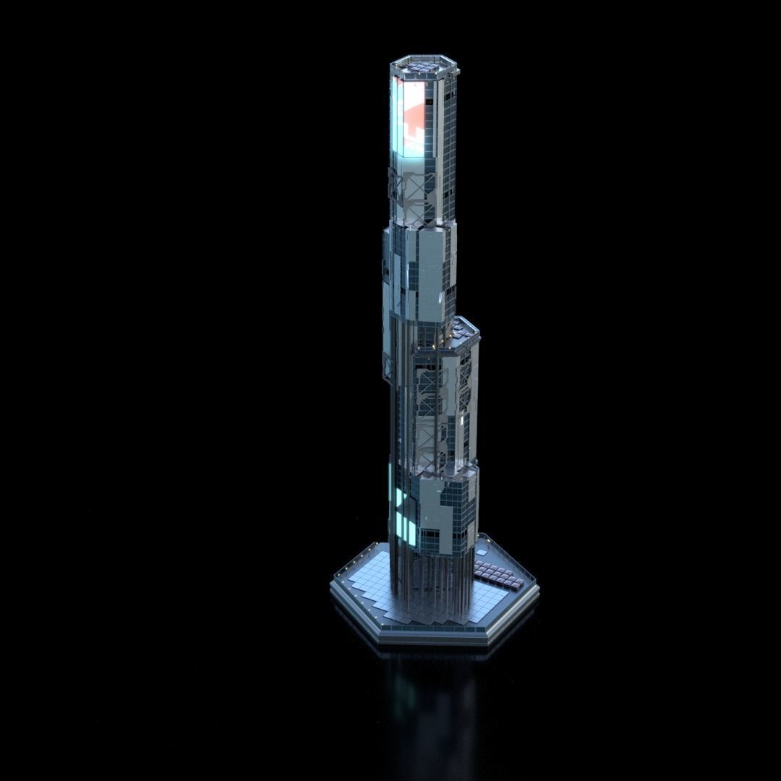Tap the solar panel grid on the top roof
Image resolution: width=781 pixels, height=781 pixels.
tap(424, 68)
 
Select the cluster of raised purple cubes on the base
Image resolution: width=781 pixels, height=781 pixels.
tap(499, 574)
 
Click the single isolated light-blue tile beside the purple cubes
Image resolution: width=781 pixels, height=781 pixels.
tap(482, 552)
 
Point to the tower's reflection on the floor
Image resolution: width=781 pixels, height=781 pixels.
tap(427, 694)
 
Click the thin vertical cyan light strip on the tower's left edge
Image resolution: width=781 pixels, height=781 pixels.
tap(390, 477)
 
